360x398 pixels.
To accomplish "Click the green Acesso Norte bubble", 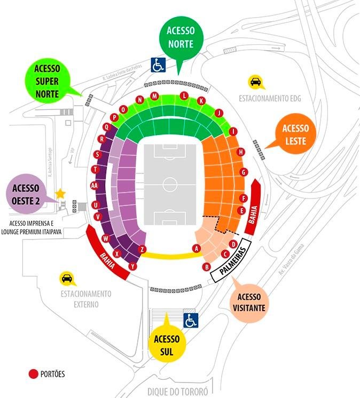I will (180, 37).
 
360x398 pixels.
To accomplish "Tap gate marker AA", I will (95, 186).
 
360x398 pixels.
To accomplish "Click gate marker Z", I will (142, 249).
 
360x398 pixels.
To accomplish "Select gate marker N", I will (140, 100).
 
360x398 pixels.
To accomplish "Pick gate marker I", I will (232, 131).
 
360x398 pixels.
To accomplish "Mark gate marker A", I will (197, 248).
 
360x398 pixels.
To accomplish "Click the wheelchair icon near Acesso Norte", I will (158, 65).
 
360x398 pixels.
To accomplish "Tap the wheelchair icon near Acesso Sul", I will (191, 320).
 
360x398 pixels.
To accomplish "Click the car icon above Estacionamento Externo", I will (67, 278).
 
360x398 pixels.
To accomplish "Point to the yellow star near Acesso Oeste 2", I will (60, 193).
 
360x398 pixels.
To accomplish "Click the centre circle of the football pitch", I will (170, 185).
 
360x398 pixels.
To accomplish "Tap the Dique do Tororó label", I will (177, 392).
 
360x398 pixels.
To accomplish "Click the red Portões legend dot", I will (33, 373).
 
